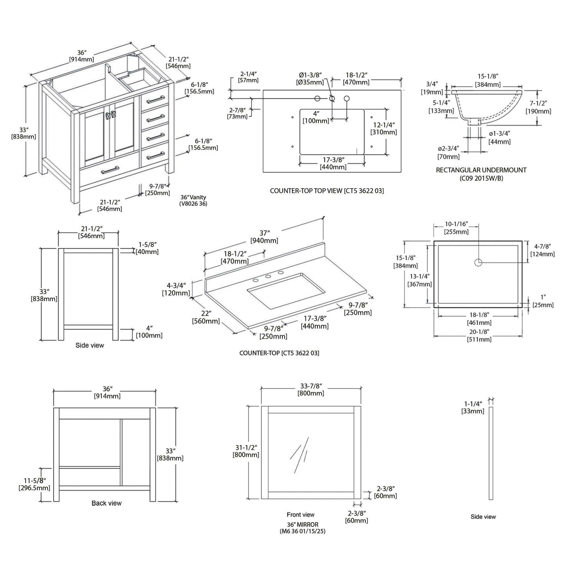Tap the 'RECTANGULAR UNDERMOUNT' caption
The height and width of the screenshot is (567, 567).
[481, 170]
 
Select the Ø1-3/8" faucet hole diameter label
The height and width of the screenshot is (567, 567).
[311, 78]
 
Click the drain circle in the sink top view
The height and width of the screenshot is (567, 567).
[478, 262]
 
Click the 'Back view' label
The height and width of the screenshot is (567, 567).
[106, 503]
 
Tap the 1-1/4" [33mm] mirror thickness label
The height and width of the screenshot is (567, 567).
[474, 407]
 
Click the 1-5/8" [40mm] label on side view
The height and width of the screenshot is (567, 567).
[147, 248]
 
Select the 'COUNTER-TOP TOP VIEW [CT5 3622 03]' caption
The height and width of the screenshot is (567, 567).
[327, 191]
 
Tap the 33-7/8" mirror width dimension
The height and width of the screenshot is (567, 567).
[311, 390]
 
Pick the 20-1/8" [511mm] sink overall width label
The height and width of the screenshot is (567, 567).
[479, 335]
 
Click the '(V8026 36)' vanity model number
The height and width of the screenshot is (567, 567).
[193, 204]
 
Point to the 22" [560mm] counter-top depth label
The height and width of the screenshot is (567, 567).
[206, 317]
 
